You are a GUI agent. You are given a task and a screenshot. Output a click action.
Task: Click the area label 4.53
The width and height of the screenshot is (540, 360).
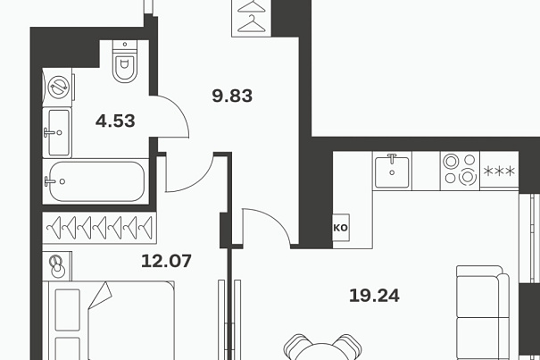115,121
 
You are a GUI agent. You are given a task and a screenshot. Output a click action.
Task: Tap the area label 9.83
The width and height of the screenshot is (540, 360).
232,96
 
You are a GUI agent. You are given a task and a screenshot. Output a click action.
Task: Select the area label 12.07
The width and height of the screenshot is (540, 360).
166,261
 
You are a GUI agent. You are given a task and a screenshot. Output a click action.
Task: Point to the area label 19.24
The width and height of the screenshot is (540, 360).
374,296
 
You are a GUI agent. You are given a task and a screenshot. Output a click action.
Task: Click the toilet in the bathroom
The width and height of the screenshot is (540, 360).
125,62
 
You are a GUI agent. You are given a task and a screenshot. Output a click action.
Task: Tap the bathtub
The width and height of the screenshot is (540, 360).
96,181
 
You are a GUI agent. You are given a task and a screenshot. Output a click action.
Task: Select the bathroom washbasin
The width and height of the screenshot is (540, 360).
57,132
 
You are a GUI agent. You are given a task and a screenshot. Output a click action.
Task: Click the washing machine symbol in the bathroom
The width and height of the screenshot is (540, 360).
58,87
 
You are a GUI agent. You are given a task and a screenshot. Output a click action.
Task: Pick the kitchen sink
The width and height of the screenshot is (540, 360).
392,171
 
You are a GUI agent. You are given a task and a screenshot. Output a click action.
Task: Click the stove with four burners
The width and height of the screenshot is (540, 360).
460,171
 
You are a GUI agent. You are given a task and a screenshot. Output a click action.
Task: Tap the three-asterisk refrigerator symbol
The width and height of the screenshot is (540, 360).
499,171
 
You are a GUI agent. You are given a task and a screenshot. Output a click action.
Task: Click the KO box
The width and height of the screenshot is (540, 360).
341,228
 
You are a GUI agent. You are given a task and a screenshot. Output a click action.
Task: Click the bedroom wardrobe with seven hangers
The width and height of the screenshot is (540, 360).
99,228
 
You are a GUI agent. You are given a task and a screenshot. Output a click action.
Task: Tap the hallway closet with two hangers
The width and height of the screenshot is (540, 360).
252,18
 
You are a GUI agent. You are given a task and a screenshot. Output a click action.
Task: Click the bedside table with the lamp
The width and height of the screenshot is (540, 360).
57,266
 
